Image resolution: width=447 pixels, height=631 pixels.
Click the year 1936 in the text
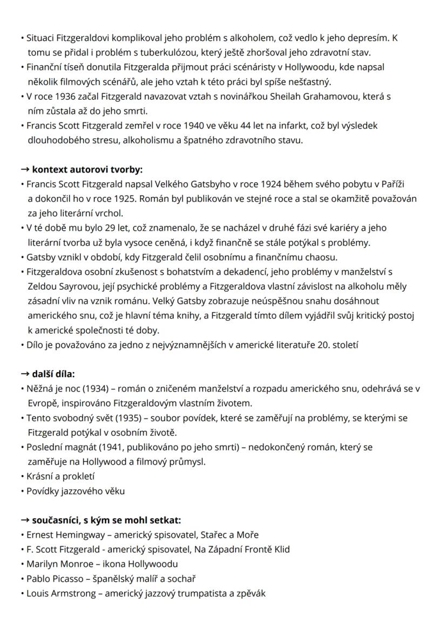pyautogui.click(x=58, y=97)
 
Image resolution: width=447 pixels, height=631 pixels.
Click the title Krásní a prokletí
pyautogui.click(x=61, y=476)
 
